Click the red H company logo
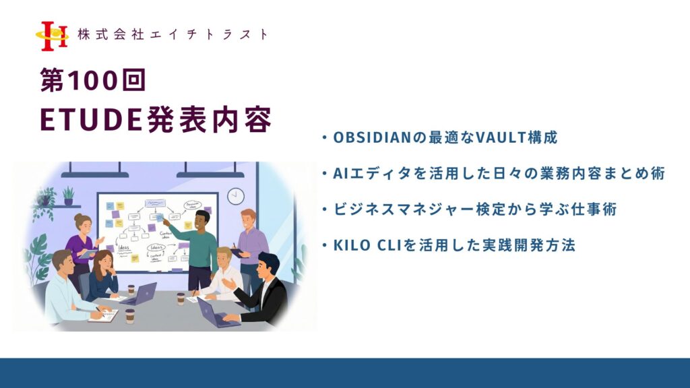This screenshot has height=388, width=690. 53,36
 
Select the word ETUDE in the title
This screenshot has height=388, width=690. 91,119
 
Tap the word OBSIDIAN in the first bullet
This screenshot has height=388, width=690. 372,137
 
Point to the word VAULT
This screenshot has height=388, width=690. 501,137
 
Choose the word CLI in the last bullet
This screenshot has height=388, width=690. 390,245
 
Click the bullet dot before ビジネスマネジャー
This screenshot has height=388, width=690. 324,209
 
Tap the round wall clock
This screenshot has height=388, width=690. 236,196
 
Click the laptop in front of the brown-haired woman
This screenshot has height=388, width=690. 141,294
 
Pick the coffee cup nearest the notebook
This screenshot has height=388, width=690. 130,317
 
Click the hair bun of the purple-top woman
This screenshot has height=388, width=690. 78,217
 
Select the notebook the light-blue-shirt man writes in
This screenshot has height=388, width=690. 104,316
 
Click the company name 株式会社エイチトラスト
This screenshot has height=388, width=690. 172,34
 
